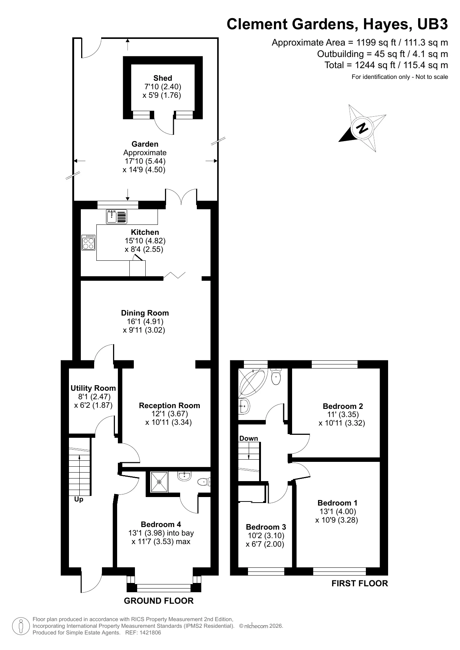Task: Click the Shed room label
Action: [x=163, y=78]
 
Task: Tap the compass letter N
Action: [x=362, y=128]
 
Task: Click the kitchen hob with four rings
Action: [x=89, y=242]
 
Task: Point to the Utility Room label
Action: [x=93, y=388]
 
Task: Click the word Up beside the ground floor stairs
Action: [x=79, y=499]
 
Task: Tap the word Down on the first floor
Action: [x=248, y=439]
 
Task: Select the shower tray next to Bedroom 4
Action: [x=159, y=482]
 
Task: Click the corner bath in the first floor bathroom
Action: [x=253, y=382]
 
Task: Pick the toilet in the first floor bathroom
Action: [x=276, y=377]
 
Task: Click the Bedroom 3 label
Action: [x=266, y=527]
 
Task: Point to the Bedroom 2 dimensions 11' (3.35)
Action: [x=343, y=414]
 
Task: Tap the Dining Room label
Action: [x=145, y=313]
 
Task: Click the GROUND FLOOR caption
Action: [x=159, y=601]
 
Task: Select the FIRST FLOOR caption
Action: [x=359, y=584]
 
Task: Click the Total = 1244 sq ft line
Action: [x=386, y=66]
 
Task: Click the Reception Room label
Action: [x=169, y=406]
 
